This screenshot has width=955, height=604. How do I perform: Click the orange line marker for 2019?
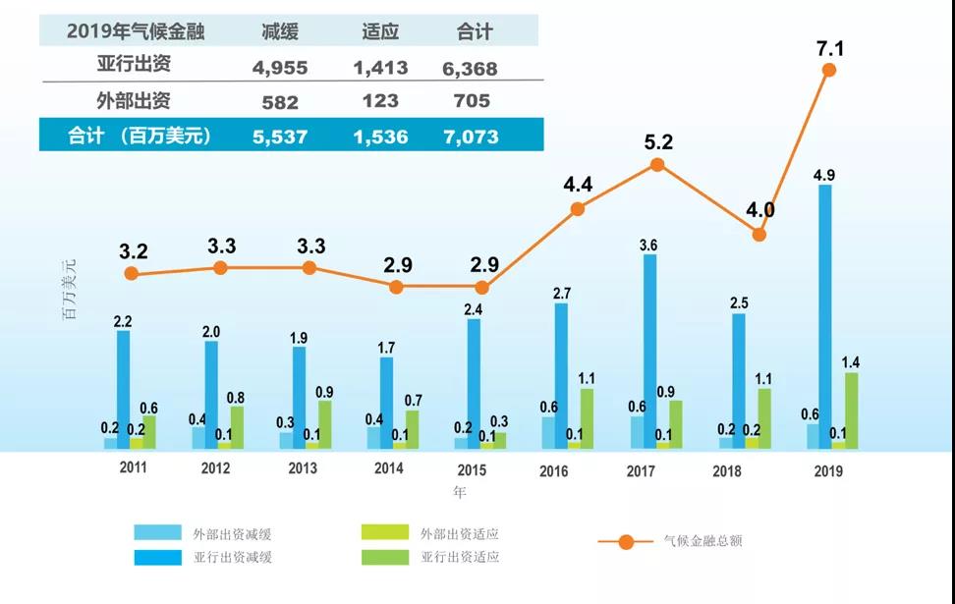click(x=829, y=70)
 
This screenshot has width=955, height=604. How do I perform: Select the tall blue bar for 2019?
click(x=825, y=314)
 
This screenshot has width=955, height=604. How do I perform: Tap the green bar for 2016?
click(x=587, y=417)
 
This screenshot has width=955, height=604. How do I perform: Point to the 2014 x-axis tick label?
click(x=389, y=469)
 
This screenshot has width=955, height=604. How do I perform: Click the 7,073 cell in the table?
click(x=472, y=137)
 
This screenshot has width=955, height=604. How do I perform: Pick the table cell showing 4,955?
click(x=280, y=69)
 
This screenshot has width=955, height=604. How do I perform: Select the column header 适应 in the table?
click(x=379, y=31)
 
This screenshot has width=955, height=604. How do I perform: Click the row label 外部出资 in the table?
click(x=135, y=100)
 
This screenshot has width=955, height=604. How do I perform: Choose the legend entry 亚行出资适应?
click(x=460, y=557)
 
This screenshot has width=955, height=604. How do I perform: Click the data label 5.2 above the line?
click(x=658, y=142)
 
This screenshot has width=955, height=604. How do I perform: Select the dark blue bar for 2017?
click(x=649, y=351)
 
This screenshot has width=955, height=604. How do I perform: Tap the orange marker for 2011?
click(x=133, y=274)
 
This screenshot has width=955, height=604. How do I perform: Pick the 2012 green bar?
click(x=237, y=426)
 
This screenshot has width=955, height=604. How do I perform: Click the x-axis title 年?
click(x=459, y=491)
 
